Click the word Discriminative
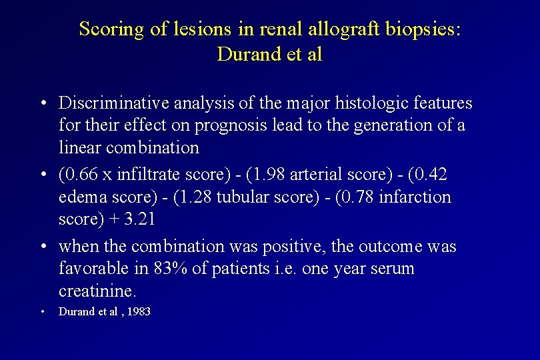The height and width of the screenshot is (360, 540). coord(114,103)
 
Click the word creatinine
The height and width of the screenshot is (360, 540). coord(96,291)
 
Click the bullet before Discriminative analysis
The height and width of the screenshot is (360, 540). coord(42,103)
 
